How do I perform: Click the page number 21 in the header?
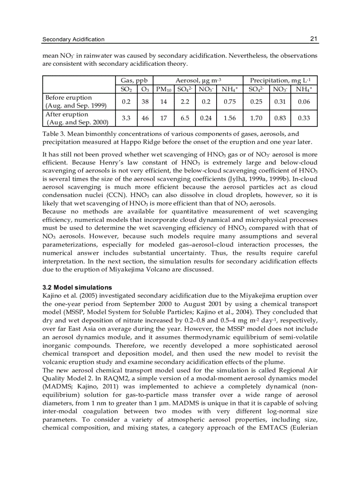click(x=313, y=39)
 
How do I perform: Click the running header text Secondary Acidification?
click(x=73, y=40)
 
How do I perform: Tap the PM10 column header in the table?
click(x=163, y=89)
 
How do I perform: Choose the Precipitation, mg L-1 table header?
click(x=280, y=81)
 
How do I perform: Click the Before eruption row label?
click(x=69, y=97)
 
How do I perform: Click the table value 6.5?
click(x=185, y=118)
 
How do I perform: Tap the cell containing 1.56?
click(x=229, y=118)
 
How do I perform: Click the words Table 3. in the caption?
click(x=54, y=134)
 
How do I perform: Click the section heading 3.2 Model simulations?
click(x=77, y=287)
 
